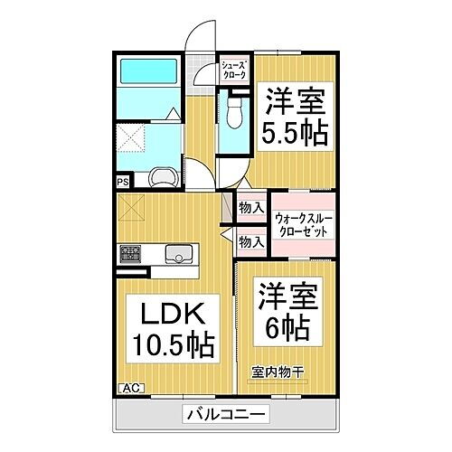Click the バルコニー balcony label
coord(226,415)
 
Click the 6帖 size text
coord(287,325)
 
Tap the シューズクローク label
coord(233,70)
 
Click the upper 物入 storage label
coord(250,208)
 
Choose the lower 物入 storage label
coord(250,241)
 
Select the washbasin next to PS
coord(163,176)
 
